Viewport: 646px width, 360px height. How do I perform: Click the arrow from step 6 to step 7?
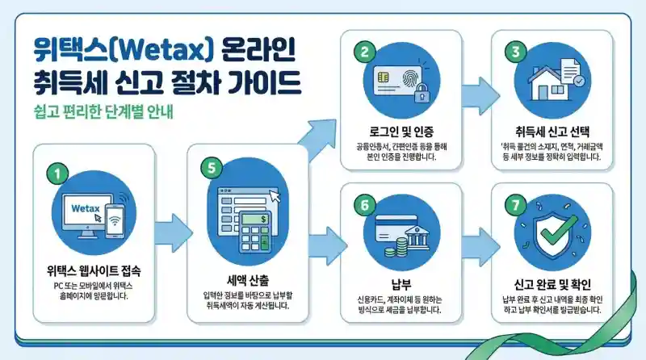tap(476, 239)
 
